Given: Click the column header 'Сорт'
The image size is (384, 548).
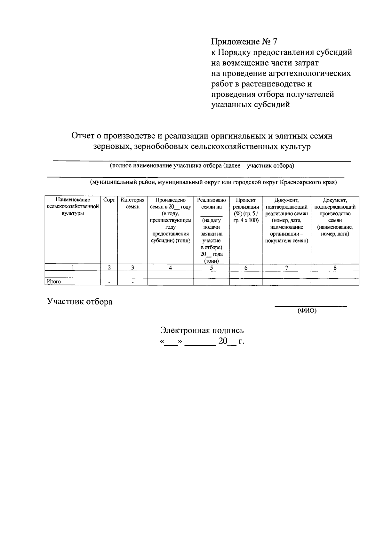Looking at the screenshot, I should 109,200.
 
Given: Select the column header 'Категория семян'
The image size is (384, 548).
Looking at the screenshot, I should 132,203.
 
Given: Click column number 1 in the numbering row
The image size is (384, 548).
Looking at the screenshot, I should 73,268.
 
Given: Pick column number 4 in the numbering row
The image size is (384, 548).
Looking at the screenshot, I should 170,268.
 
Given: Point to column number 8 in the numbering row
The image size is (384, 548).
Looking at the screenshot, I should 335,268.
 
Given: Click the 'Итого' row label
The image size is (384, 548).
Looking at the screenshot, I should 54,282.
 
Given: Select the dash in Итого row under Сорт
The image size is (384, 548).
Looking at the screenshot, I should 109,282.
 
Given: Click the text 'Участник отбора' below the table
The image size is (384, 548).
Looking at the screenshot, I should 80,301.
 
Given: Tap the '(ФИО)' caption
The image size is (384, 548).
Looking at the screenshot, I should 307,311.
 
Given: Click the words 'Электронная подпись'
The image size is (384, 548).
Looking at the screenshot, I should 202,330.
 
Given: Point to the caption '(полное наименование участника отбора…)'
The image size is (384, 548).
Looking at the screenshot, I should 202,166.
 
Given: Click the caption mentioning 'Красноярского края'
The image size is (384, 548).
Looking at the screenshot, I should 213,182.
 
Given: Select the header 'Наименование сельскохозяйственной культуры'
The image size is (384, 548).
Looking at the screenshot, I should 73,207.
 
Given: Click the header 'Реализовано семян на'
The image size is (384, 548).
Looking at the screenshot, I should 211,203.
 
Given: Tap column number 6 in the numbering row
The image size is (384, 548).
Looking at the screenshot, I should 246,268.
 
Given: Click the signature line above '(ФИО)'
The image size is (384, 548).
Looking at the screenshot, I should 311,306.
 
